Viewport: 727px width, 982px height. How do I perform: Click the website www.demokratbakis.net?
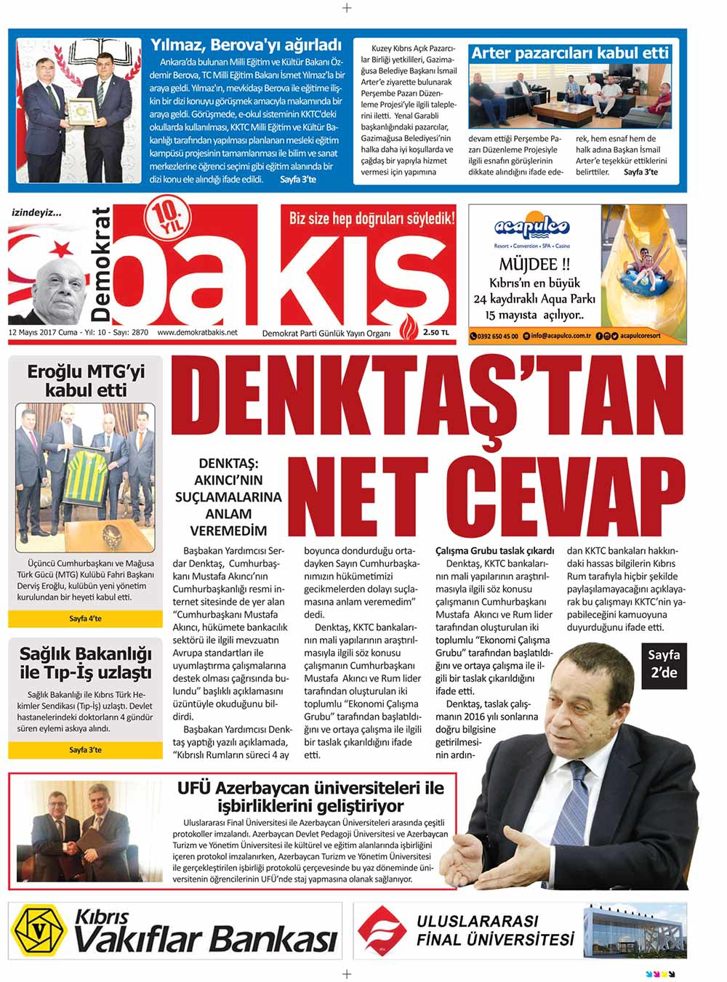[197, 333]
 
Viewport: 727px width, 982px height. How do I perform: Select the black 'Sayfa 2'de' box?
[663, 664]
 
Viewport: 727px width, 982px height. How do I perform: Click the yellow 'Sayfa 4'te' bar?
[85, 619]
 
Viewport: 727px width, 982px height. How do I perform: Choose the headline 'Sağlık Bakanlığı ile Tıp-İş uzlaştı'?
[86, 662]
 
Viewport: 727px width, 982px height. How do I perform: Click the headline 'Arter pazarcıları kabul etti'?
[569, 52]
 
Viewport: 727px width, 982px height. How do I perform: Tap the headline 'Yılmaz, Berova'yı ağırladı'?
[246, 44]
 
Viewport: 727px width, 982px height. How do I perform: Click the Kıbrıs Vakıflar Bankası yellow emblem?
[41, 931]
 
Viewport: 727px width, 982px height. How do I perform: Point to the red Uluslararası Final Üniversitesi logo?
[383, 931]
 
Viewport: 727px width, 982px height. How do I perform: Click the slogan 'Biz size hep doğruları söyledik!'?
[371, 218]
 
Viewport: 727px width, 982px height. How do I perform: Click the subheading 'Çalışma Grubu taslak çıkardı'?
[494, 551]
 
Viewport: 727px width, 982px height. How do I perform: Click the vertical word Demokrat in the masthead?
[101, 265]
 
